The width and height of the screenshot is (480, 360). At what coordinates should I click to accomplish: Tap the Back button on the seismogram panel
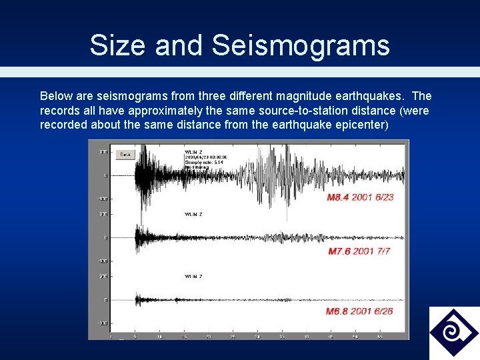click(125, 154)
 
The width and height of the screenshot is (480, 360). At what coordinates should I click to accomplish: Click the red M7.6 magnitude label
click(343, 252)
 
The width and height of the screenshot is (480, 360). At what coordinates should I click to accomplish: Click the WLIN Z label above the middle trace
click(193, 214)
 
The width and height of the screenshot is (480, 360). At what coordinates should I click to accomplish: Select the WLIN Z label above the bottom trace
click(193, 276)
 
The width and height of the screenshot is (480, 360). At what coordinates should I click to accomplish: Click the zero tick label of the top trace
click(105, 176)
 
